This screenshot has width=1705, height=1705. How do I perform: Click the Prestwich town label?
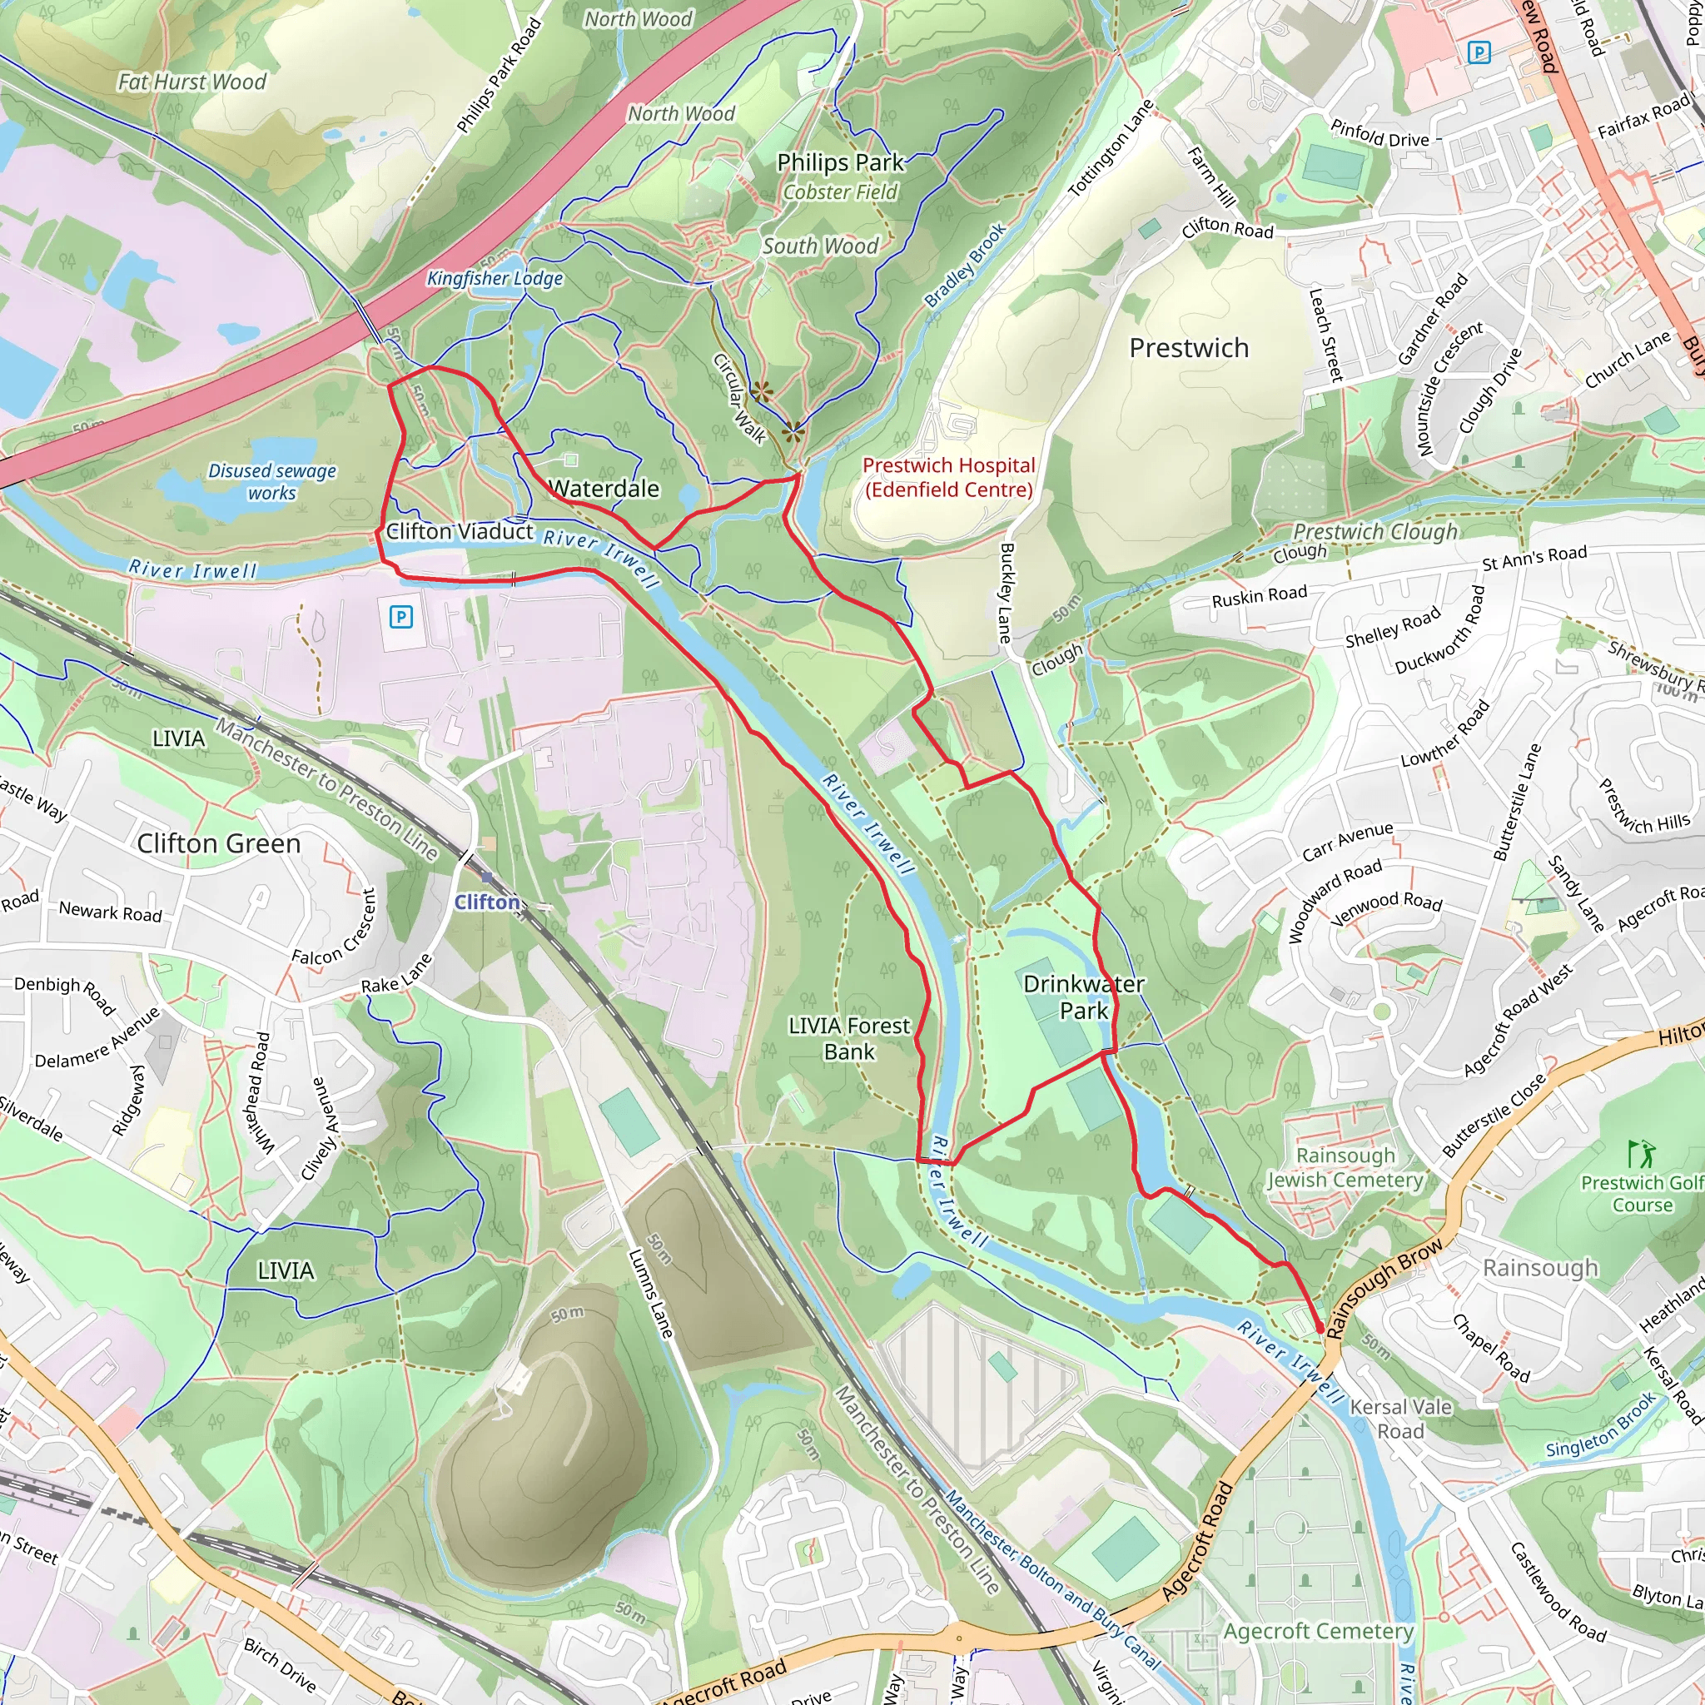point(1189,348)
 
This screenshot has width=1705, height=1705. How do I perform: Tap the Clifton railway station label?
point(487,902)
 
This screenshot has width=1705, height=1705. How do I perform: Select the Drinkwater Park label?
point(1083,997)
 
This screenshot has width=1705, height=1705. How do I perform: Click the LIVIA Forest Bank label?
point(849,1038)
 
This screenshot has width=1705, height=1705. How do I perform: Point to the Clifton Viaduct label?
point(459,531)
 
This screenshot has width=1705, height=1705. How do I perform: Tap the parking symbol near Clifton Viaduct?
point(400,617)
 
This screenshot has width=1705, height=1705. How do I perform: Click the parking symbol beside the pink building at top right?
point(1479,53)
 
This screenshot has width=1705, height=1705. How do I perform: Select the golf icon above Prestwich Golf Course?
point(1641,1153)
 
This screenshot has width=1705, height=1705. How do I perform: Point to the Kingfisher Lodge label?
point(495,279)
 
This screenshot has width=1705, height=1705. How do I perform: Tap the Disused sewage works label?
point(271,482)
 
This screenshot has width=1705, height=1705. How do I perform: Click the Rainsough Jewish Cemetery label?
point(1345,1167)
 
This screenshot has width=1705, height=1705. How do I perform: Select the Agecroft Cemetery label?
point(1319,1631)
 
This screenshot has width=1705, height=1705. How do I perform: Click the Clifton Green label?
point(218,843)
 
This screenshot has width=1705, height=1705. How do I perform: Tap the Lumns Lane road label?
point(650,1293)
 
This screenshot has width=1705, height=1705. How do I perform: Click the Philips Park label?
point(839,162)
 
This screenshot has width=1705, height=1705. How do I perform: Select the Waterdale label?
point(604,489)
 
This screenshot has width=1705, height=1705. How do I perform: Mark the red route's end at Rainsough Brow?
point(1320,1328)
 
